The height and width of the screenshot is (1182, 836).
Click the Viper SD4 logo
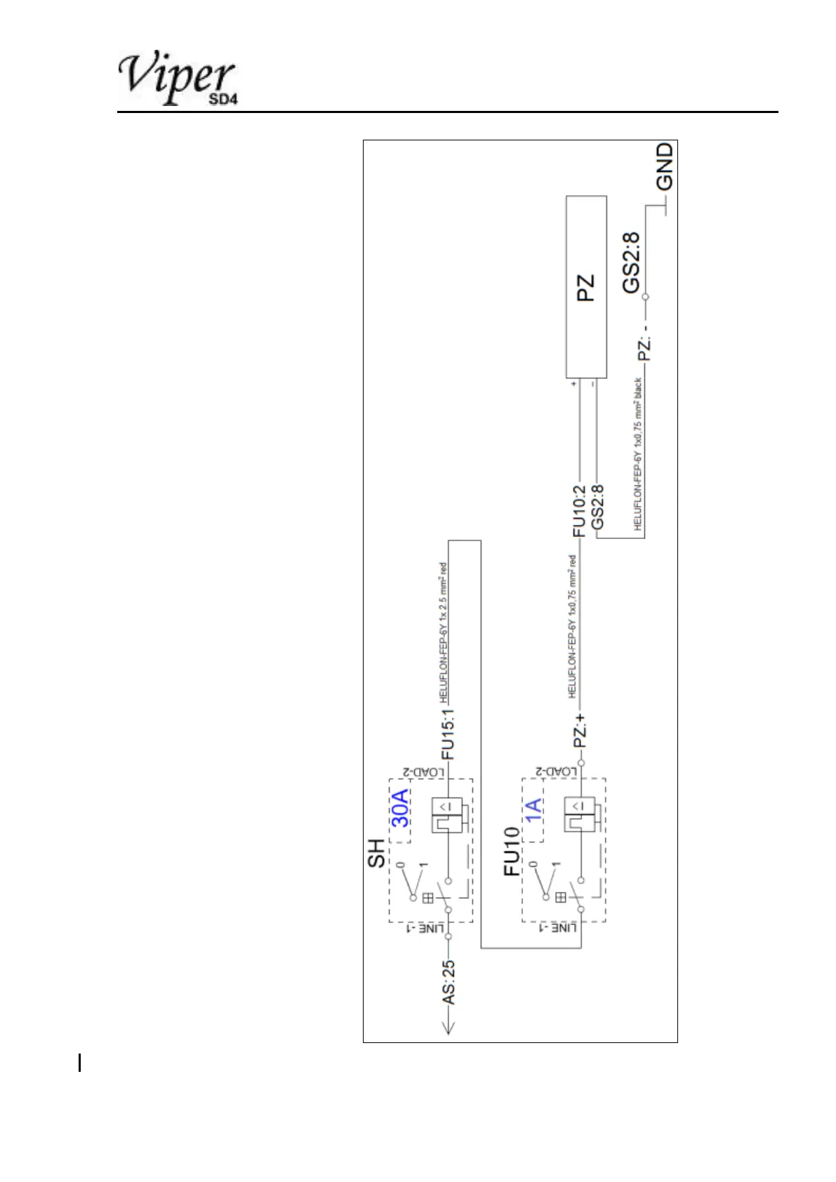coord(178,79)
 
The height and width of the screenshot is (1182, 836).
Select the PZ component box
coord(586,288)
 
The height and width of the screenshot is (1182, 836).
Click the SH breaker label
coord(377,854)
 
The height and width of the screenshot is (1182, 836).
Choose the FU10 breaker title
coord(512,851)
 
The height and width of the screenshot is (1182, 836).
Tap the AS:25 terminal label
coord(448,981)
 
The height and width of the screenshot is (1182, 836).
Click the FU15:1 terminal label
coord(448,733)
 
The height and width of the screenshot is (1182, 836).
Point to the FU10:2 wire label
coord(579,511)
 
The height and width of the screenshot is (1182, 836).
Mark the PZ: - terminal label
coord(645,342)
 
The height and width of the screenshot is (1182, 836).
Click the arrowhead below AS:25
coord(449,1029)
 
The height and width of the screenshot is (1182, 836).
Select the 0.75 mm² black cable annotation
coord(638,456)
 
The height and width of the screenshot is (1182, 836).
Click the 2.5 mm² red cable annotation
coord(443,632)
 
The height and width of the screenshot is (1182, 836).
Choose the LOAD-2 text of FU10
coord(558,771)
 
